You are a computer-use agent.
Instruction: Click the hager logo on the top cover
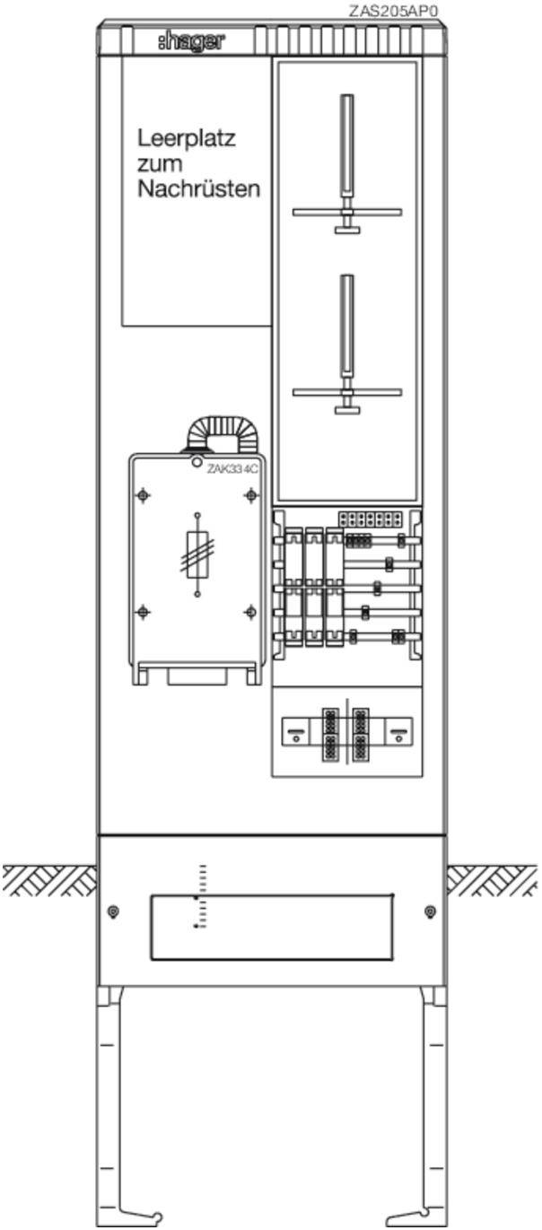pos(191,42)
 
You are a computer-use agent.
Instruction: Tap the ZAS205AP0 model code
pos(394,11)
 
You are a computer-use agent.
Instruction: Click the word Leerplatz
pos(186,138)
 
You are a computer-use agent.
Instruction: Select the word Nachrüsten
pos(198,189)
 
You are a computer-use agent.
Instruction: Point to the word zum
pos(160,164)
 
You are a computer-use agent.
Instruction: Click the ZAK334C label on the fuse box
pos(232,469)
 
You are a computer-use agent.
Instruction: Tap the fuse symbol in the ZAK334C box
pos(197,554)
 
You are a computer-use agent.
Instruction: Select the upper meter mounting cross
pos(347,212)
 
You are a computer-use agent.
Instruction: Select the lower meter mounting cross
pos(347,392)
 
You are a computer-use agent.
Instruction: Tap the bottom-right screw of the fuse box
pos(251,611)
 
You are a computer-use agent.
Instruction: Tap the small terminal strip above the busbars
pos(370,518)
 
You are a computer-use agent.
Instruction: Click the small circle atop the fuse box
pos(197,463)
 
